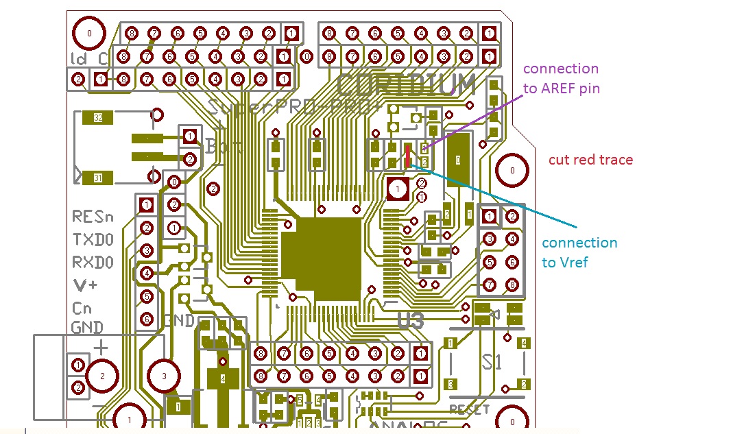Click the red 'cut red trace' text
(590, 160)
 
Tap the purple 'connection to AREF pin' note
(561, 78)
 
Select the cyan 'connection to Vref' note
(579, 252)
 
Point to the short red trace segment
(408, 155)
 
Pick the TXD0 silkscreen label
(93, 240)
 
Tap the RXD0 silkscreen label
(93, 263)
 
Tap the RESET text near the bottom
(469, 409)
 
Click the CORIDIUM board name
(406, 86)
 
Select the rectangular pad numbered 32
(98, 118)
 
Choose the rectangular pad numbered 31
(98, 179)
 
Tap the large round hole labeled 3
(164, 376)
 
